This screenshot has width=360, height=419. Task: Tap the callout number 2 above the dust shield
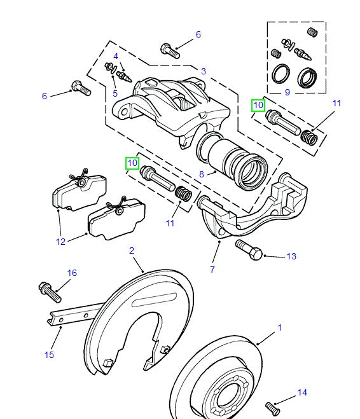click(132, 251)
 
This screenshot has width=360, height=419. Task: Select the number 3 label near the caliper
click(203, 71)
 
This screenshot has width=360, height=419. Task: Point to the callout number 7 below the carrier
click(212, 270)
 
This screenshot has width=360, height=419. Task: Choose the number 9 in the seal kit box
click(287, 92)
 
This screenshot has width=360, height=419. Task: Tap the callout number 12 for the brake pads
click(60, 242)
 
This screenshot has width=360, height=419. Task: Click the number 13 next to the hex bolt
click(291, 256)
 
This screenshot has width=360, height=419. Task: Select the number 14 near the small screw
click(302, 392)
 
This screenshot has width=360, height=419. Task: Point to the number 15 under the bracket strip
click(49, 355)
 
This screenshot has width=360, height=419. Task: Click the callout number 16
click(72, 273)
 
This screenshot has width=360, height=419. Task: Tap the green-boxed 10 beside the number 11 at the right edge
click(258, 105)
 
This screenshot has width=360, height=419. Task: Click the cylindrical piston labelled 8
click(237, 166)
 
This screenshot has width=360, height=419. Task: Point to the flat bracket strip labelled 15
click(73, 315)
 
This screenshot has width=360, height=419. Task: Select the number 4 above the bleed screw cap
click(116, 56)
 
